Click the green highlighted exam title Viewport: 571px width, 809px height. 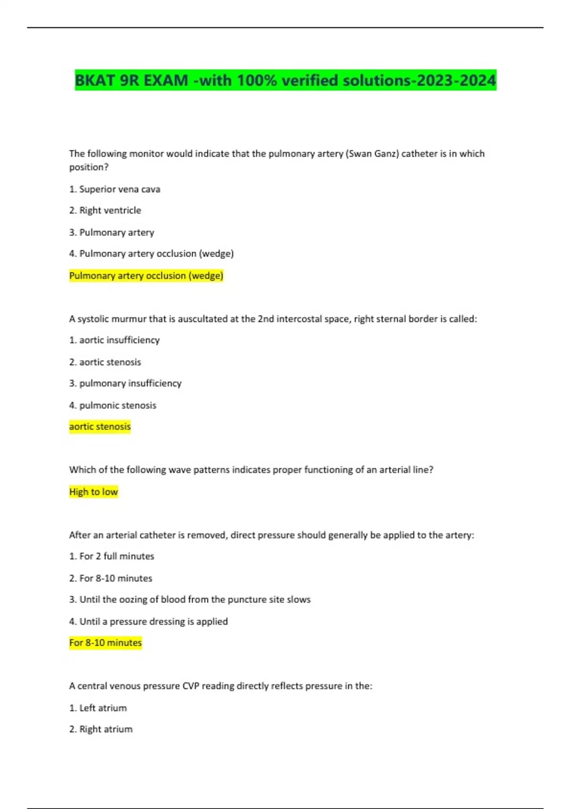[285, 80]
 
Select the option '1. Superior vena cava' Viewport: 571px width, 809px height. [115, 189]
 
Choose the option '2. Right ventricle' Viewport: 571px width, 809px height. [105, 210]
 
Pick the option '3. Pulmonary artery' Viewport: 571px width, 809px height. [112, 233]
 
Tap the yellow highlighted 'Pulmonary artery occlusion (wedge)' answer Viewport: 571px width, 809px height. [146, 276]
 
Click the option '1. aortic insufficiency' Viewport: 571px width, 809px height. [114, 340]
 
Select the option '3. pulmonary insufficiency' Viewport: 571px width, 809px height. [125, 384]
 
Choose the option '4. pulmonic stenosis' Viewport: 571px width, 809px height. [113, 405]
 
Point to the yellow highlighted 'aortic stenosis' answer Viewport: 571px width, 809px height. [100, 426]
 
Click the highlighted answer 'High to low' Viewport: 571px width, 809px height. [93, 492]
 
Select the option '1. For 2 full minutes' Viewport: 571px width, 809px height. [112, 556]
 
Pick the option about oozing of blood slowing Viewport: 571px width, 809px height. [190, 600]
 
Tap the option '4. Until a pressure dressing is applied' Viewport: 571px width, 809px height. [148, 622]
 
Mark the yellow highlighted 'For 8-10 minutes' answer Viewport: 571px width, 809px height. [106, 642]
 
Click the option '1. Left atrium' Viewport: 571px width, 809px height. [98, 708]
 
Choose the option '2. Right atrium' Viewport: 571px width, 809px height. [101, 729]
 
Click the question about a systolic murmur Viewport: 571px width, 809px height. [273, 319]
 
